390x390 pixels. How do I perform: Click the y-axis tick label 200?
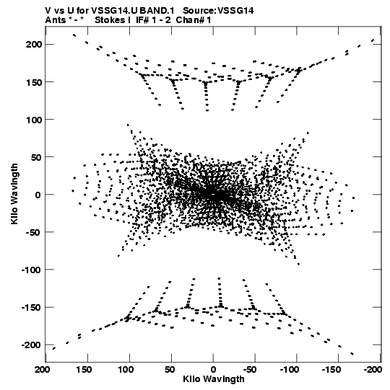[x=34, y=45]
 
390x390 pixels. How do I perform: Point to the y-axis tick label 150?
[x=34, y=82]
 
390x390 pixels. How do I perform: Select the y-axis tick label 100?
[x=34, y=120]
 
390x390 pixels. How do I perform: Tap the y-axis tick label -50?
[x=33, y=232]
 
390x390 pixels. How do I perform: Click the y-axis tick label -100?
[x=31, y=270]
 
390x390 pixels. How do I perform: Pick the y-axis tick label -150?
[x=31, y=308]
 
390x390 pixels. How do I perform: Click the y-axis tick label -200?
[x=31, y=345]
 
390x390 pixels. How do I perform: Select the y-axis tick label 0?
[x=38, y=195]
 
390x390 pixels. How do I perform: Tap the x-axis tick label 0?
[x=213, y=370]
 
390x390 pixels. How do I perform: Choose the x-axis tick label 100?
[x=126, y=370]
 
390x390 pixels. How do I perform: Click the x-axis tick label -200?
[x=373, y=370]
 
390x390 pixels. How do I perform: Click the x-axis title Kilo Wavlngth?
[x=214, y=379]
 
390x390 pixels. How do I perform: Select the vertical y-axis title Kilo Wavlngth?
[x=14, y=194]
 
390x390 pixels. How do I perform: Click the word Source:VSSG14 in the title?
[x=218, y=11]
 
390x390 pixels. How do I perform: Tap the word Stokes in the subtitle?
[x=110, y=20]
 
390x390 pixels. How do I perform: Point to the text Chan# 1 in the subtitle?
[x=194, y=20]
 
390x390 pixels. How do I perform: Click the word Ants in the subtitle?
[x=56, y=20]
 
